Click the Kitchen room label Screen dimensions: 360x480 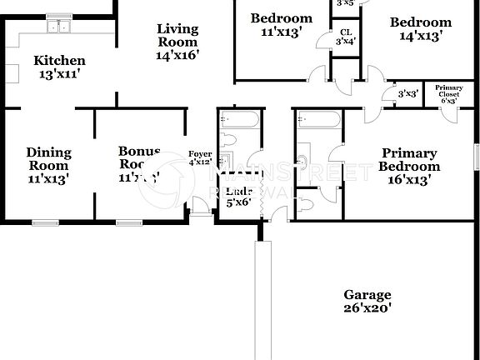click(58, 67)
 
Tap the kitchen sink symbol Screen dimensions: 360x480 click(58, 27)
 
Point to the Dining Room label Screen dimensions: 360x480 click(48, 164)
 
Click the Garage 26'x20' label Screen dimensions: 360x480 click(367, 301)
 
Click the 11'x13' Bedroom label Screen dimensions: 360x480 click(282, 25)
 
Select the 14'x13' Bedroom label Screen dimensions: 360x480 click(421, 29)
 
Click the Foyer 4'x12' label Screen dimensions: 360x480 click(200, 157)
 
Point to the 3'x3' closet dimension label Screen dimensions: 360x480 click(407, 94)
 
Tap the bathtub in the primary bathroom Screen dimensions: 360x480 click(318, 123)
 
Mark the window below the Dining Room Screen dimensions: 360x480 click(46, 222)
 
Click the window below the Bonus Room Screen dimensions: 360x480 click(128, 222)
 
